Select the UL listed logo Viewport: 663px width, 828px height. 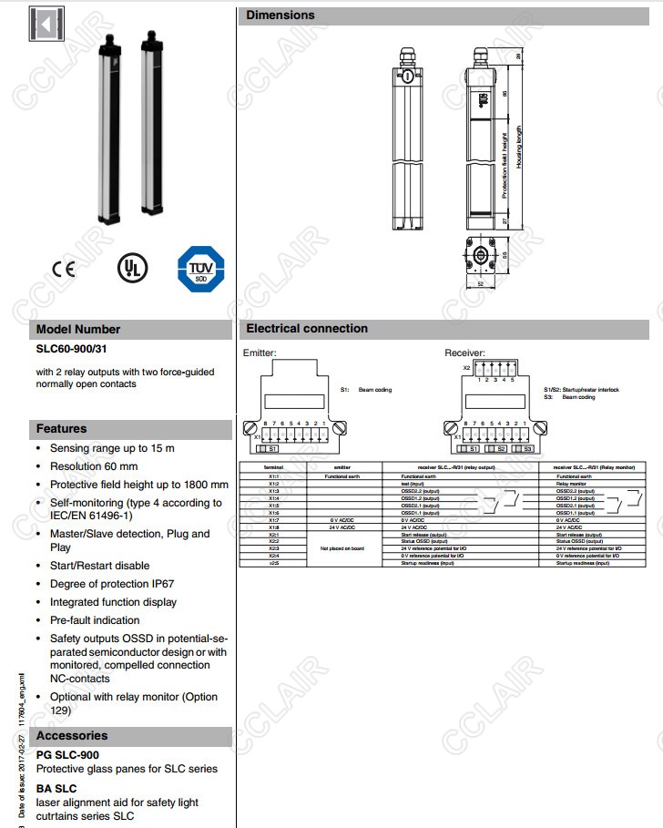[x=130, y=267]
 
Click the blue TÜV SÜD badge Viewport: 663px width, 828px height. [x=199, y=269]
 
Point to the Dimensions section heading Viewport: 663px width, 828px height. [x=280, y=15]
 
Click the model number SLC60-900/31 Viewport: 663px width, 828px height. [x=76, y=348]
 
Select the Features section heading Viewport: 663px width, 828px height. [x=62, y=428]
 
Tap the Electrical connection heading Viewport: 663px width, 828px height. [x=307, y=328]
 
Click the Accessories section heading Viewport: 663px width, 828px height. [x=72, y=735]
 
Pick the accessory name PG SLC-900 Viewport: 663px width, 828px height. [x=67, y=754]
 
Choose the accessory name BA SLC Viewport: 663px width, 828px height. [x=56, y=788]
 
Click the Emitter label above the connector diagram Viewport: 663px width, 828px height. [x=260, y=353]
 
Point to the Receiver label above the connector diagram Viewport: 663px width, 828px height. [x=464, y=353]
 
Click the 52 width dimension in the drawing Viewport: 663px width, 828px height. [x=480, y=283]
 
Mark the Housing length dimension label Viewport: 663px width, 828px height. [x=519, y=148]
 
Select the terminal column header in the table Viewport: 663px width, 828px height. [x=273, y=467]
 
